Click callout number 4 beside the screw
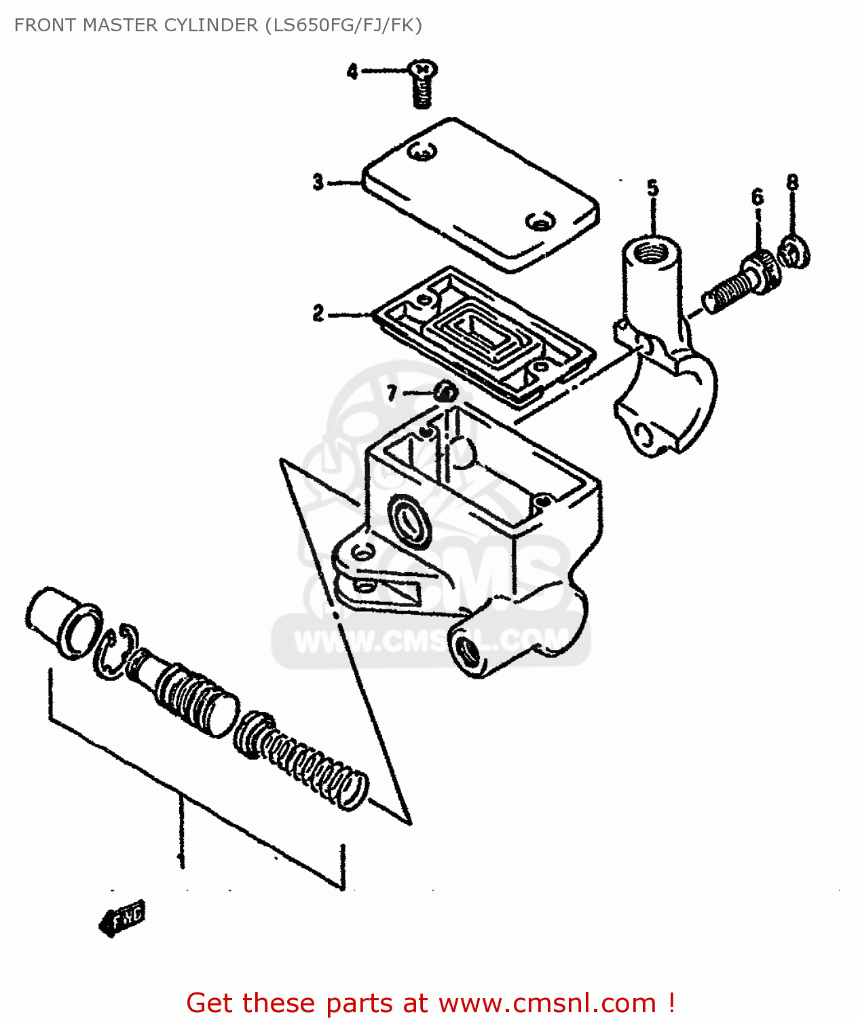[x=352, y=71]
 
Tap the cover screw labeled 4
[x=422, y=85]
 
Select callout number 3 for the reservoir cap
[x=318, y=182]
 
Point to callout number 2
[x=318, y=313]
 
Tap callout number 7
[x=392, y=393]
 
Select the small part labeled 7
[x=446, y=393]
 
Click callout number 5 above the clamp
[x=652, y=188]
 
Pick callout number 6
[x=758, y=198]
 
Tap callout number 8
[x=792, y=182]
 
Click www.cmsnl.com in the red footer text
[x=546, y=1003]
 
